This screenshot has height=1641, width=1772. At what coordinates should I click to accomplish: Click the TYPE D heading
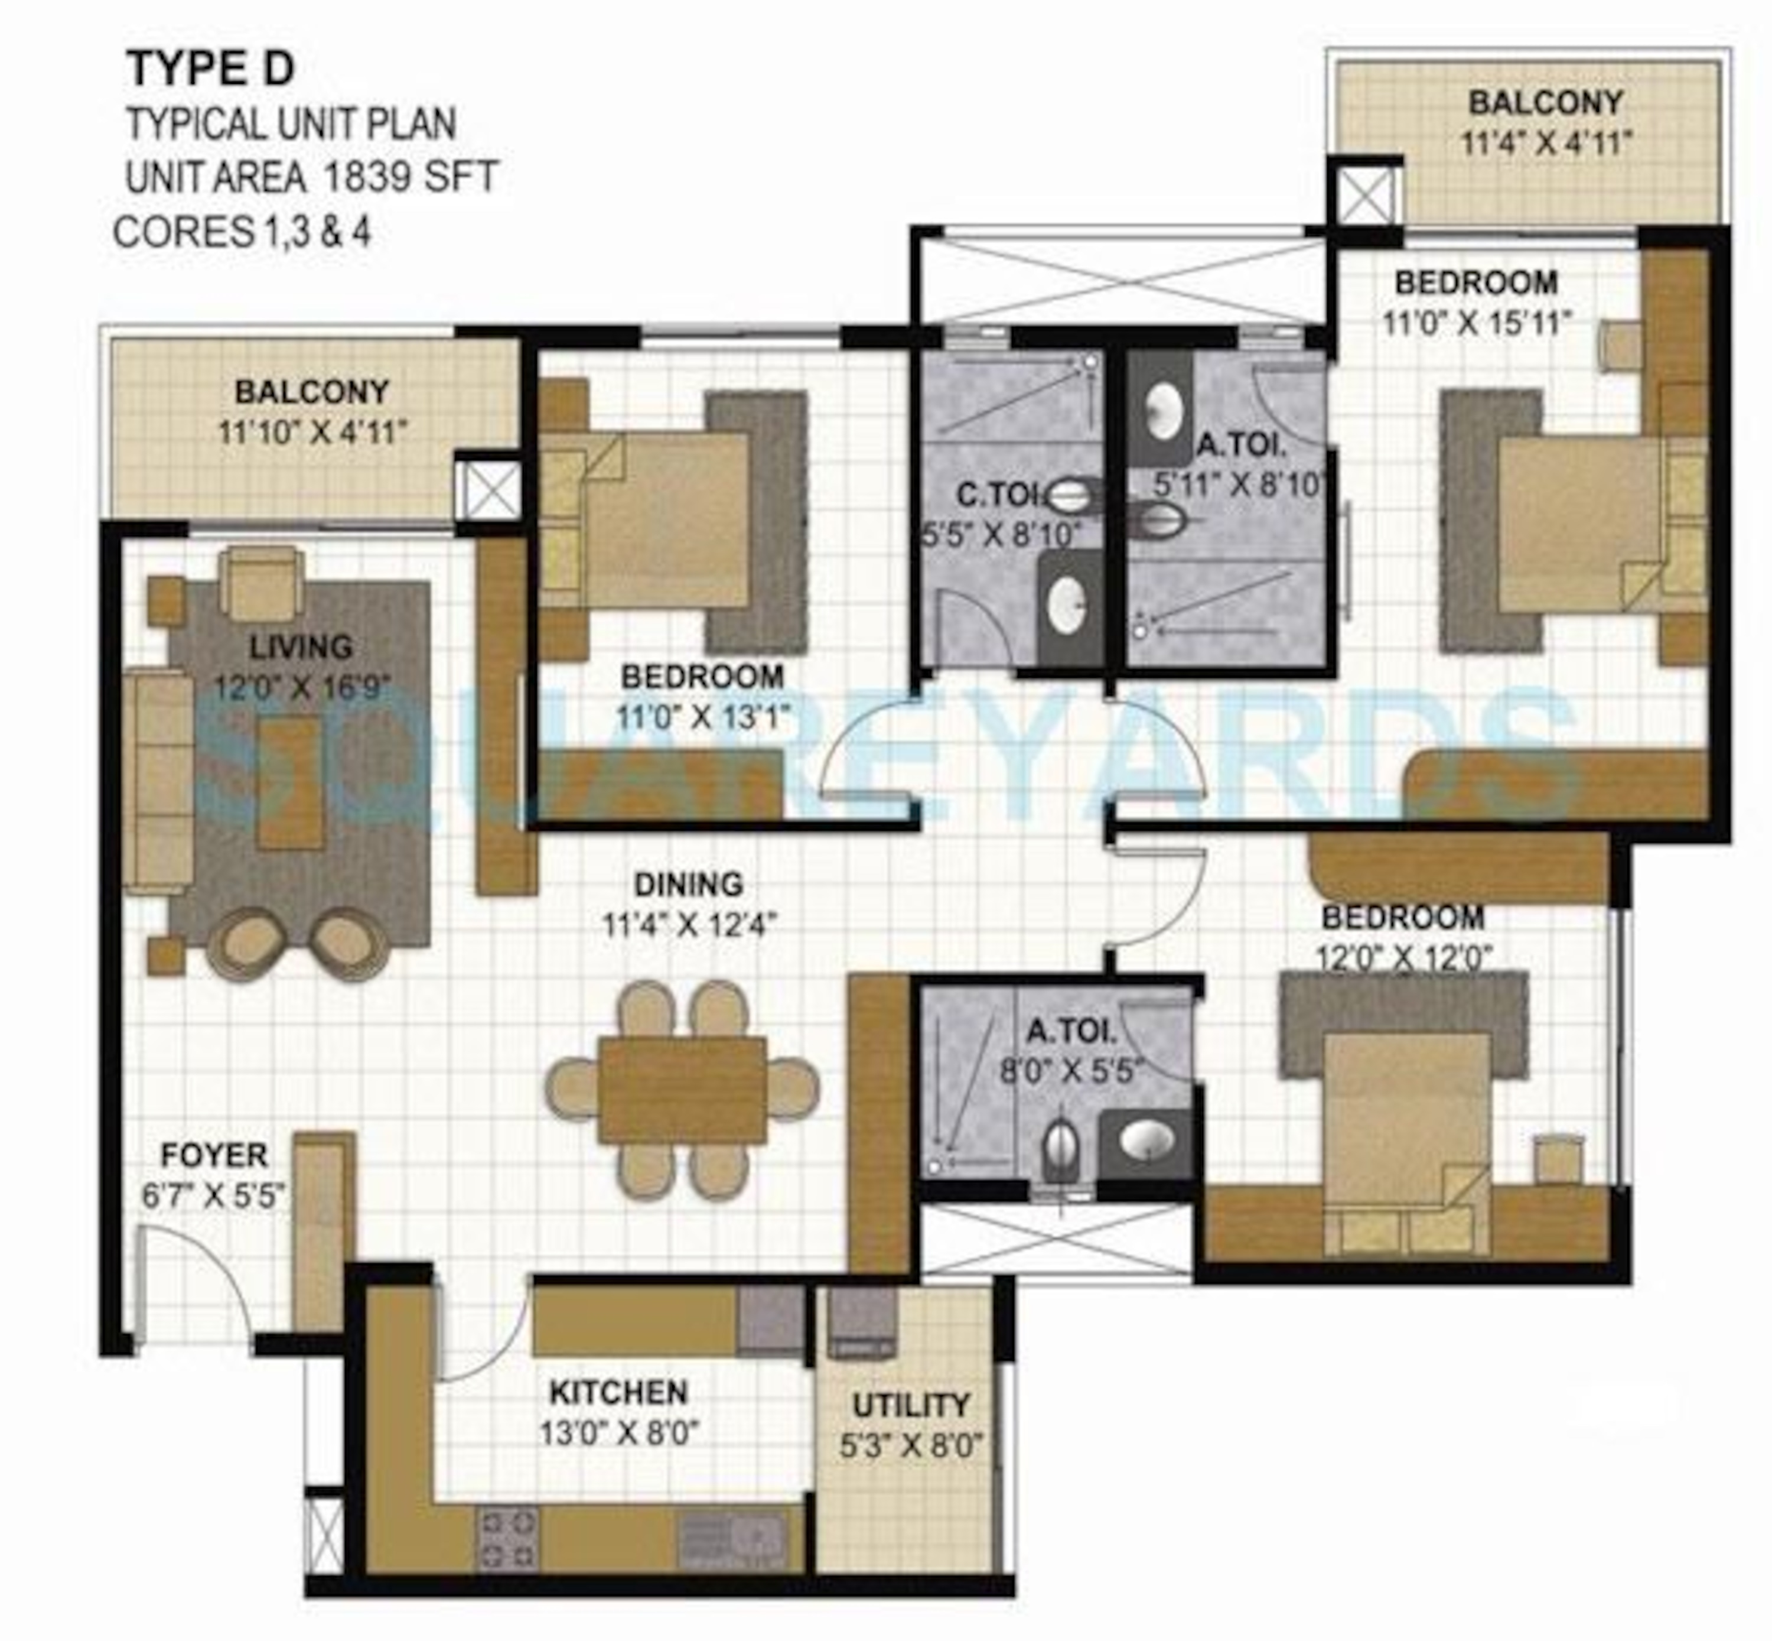tap(210, 69)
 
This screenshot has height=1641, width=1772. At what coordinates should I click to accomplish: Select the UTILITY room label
tap(910, 1405)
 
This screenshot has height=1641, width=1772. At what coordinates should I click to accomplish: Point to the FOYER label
tap(213, 1155)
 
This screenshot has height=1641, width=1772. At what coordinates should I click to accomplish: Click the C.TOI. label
tap(994, 494)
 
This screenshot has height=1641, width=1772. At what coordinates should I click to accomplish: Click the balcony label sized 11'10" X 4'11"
tap(312, 392)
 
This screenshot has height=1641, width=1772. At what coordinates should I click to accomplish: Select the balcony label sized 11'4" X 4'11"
tap(1545, 102)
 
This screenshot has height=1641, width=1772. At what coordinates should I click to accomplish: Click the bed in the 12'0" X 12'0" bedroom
tap(1403, 1136)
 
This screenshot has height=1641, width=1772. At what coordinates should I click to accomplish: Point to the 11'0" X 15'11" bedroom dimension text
tap(1475, 323)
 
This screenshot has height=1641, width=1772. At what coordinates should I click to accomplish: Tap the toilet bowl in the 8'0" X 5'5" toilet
tap(1061, 1149)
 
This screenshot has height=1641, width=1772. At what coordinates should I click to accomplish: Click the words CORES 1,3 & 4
tap(242, 233)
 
